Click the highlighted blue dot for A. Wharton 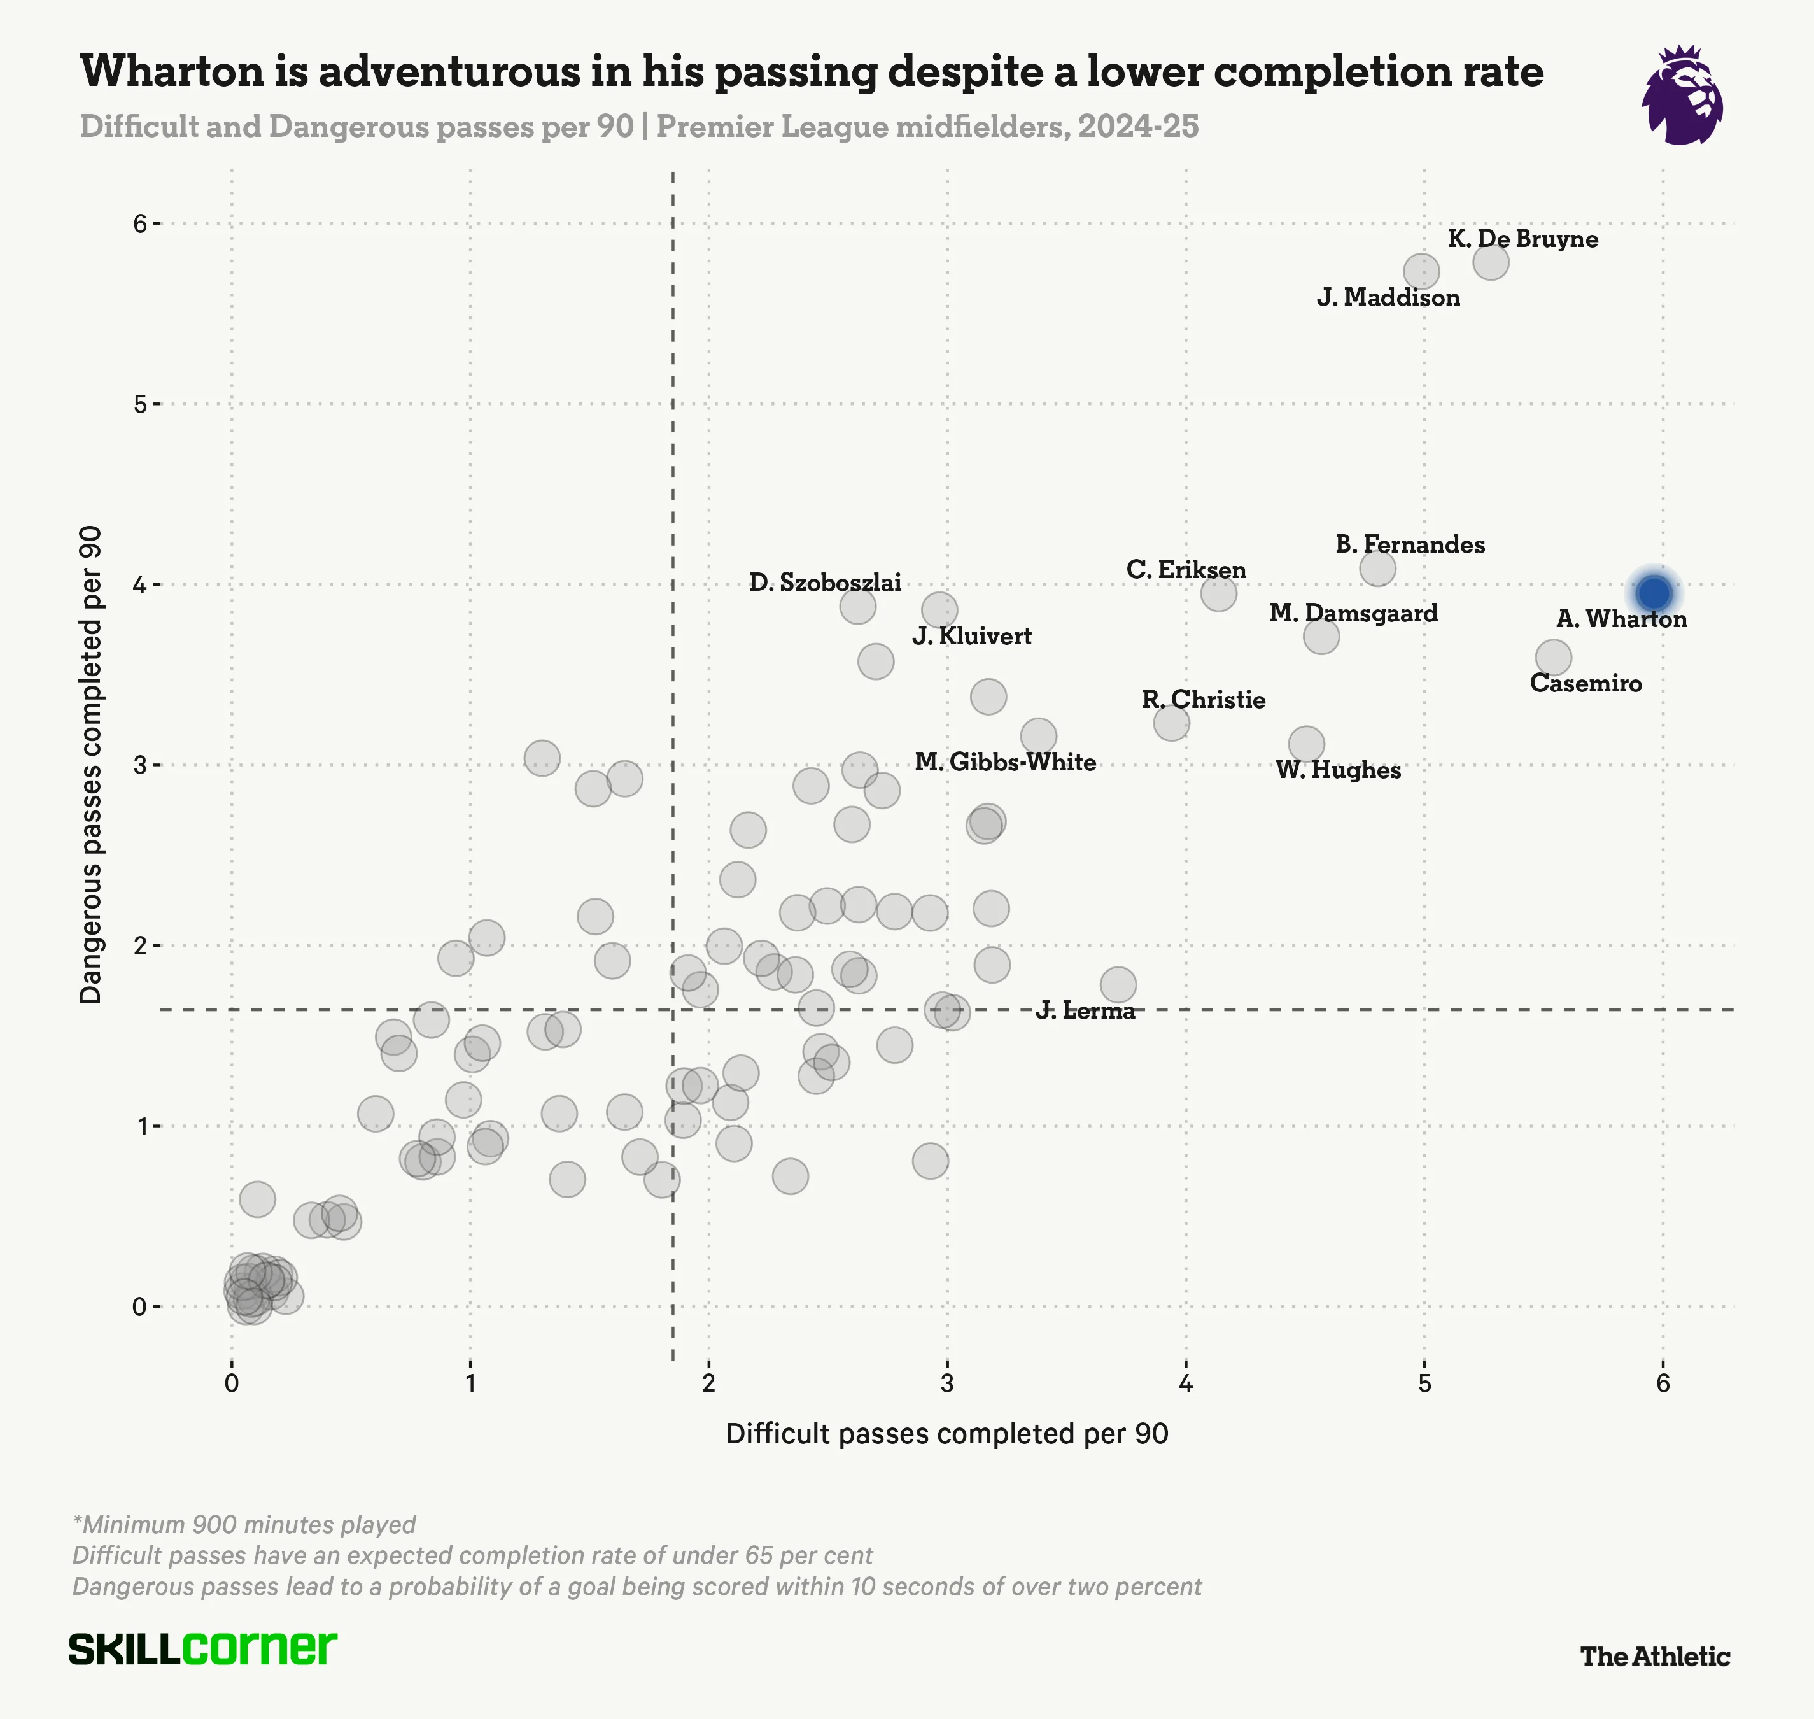pyautogui.click(x=1655, y=593)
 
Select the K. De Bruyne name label pyautogui.click(x=1522, y=239)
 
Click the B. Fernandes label pyautogui.click(x=1410, y=544)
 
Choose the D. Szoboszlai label pyautogui.click(x=824, y=583)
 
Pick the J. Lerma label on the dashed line pyautogui.click(x=1086, y=1010)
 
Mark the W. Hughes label pyautogui.click(x=1338, y=770)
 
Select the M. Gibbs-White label pyautogui.click(x=1005, y=762)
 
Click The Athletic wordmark pyautogui.click(x=1655, y=1657)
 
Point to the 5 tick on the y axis pyautogui.click(x=139, y=404)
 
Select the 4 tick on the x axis pyautogui.click(x=1186, y=1383)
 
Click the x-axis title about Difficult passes pyautogui.click(x=946, y=1434)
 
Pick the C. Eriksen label pyautogui.click(x=1186, y=570)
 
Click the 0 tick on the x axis pyautogui.click(x=231, y=1383)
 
